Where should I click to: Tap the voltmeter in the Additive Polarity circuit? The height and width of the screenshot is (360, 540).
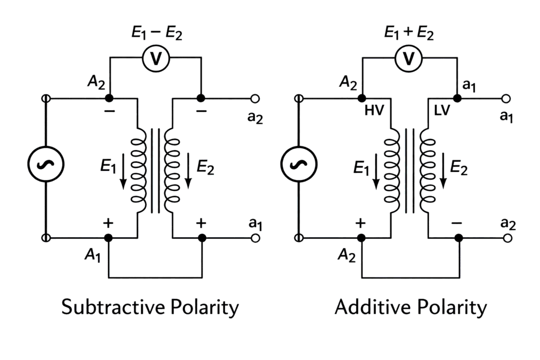[x=409, y=60]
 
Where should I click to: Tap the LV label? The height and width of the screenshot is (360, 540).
[x=439, y=112]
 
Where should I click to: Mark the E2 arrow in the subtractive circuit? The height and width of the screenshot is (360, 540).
[x=189, y=173]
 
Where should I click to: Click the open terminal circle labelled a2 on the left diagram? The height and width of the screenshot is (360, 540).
[x=255, y=99]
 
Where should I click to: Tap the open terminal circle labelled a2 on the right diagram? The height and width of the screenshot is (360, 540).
[x=507, y=238]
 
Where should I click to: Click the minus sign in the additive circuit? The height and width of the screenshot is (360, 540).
[x=457, y=223]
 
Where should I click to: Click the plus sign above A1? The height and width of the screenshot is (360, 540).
[x=108, y=223]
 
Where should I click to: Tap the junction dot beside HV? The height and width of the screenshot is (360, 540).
[x=362, y=99]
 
